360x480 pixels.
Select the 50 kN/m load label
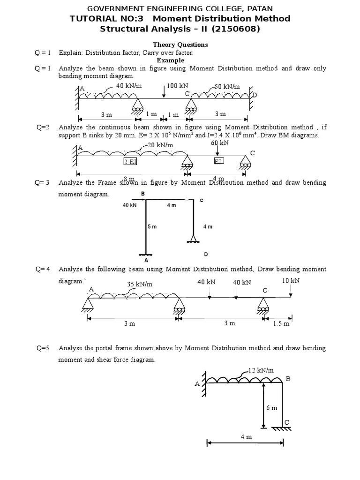coord(228,87)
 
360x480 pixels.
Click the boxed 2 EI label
coord(130,161)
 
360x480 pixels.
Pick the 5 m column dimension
coord(152,226)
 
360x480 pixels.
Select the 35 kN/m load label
coord(140,284)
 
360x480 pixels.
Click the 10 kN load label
coord(291,280)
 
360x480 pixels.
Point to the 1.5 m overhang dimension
coord(281,323)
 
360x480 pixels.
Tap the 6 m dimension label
coord(272,408)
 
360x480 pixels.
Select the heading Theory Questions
coord(180,45)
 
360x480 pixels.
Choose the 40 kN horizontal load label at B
coord(129,205)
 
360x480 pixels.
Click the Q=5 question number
coord(43,348)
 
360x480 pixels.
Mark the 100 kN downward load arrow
coord(164,92)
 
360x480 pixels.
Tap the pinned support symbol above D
coord(192,240)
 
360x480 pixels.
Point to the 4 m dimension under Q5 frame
coord(246,436)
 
